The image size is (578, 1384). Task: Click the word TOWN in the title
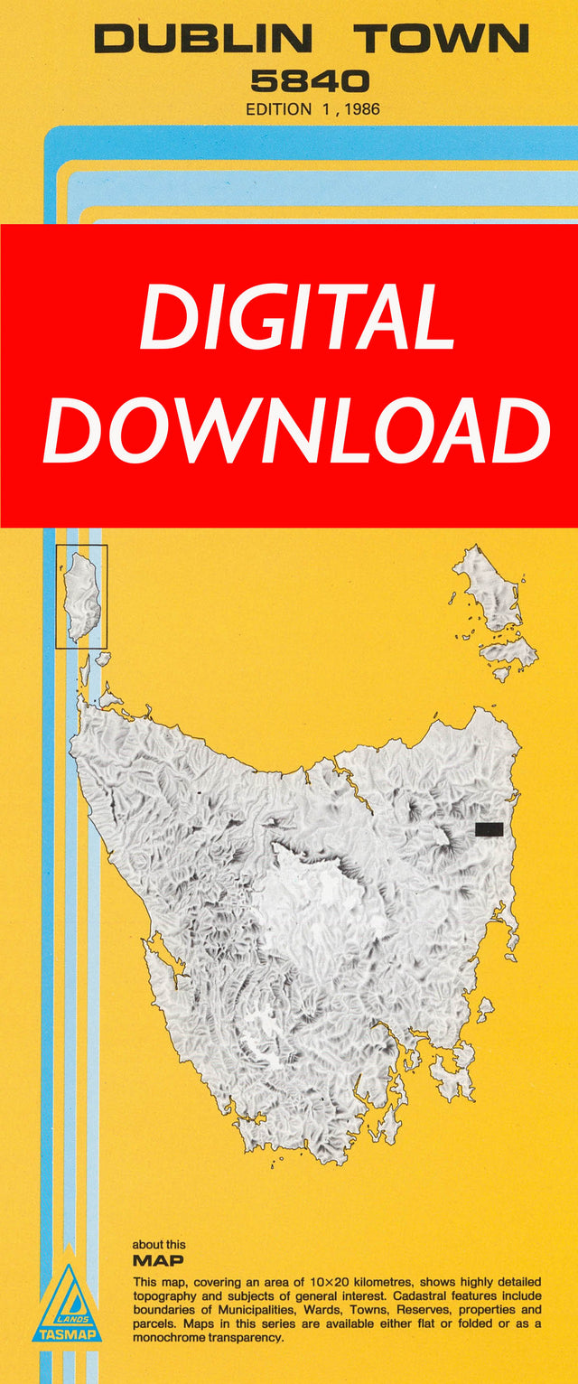441,39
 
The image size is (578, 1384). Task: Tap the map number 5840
310,82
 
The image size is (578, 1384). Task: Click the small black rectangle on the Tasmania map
489,829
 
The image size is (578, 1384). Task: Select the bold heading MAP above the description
158,1260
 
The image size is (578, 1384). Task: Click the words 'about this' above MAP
159,1245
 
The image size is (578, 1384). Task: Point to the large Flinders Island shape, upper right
488,587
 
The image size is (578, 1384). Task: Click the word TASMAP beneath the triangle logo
67,1333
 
